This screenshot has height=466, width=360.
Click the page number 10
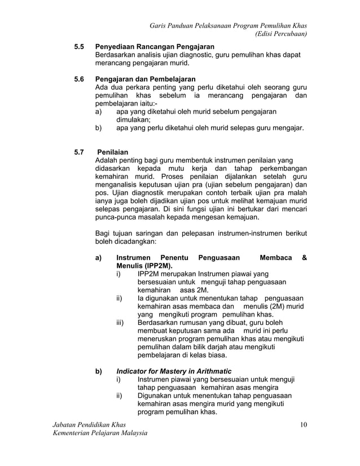coord(303,424)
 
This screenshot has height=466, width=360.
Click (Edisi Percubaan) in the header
coord(281,34)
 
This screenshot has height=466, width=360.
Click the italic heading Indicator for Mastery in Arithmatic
coord(174,371)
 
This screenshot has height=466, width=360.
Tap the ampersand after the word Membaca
coord(304,257)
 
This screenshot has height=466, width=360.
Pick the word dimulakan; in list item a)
coord(133,120)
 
